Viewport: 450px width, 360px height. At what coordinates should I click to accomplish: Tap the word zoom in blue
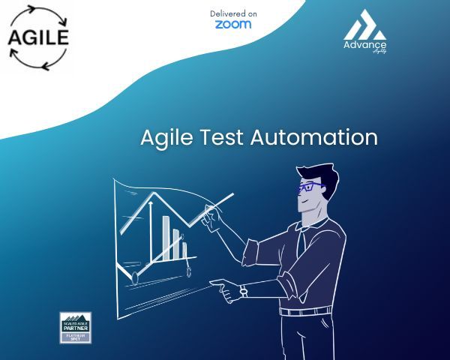(x=232, y=24)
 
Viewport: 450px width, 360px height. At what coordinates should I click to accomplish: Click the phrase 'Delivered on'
(x=233, y=13)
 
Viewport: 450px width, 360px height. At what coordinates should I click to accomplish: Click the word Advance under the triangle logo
(x=364, y=44)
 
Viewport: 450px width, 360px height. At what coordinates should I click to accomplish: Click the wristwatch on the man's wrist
(x=243, y=291)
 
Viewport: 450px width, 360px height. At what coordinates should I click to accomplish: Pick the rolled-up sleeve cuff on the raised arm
(x=252, y=247)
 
